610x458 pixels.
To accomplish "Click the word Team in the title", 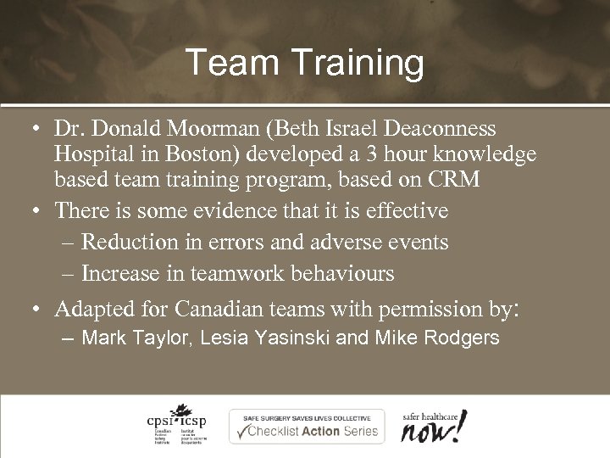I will point(222,64).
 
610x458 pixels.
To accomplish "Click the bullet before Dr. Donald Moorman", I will point(31,130).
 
